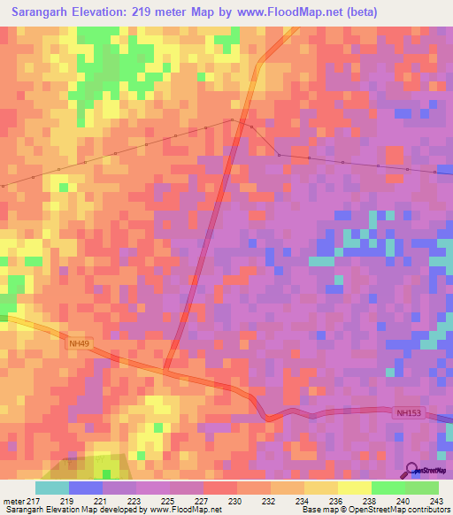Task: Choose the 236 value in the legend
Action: pyautogui.click(x=334, y=502)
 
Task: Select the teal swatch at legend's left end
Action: pyautogui.click(x=52, y=488)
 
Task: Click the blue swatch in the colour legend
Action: pyautogui.click(x=86, y=488)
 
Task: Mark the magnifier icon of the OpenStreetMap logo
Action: pyautogui.click(x=412, y=470)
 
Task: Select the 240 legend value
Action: pyautogui.click(x=403, y=502)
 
